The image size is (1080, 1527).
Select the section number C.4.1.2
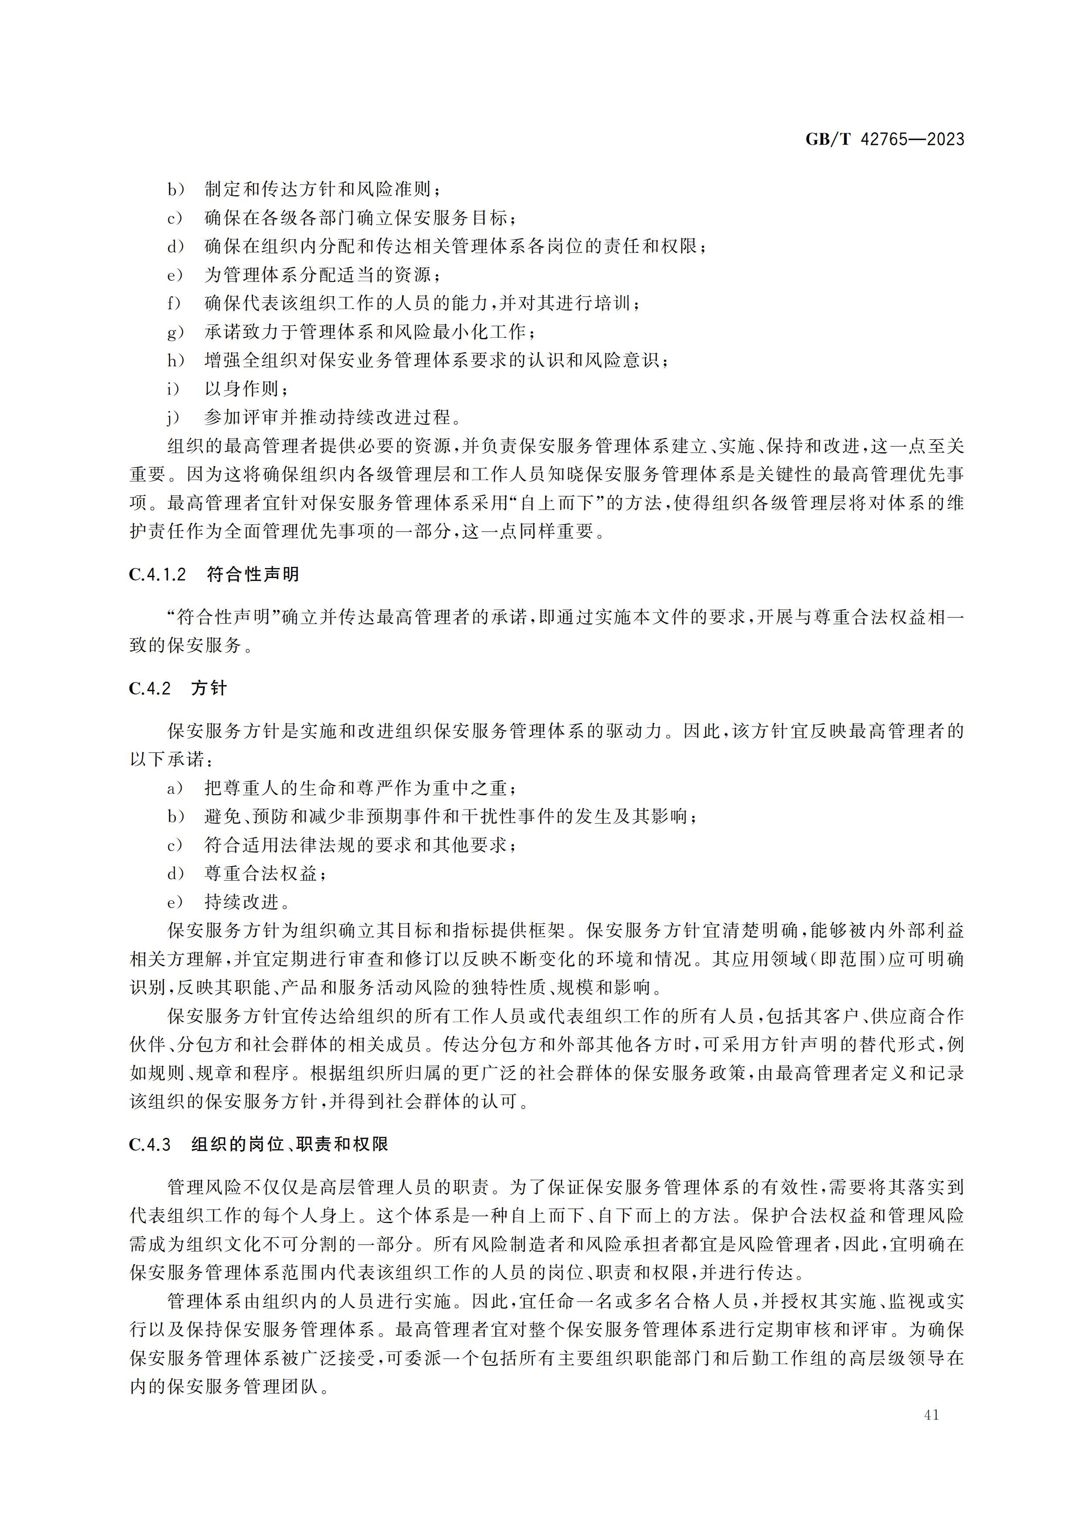(158, 575)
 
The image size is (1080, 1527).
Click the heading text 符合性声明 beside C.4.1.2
(253, 575)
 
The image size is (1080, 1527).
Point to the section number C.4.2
(150, 688)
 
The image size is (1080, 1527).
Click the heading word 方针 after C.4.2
(209, 688)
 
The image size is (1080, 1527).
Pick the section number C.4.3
(150, 1144)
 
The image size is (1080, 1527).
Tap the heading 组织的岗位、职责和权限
(290, 1144)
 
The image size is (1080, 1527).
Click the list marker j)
(174, 418)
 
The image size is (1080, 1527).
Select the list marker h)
(175, 360)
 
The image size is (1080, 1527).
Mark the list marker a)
(175, 789)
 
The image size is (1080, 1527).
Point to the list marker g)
(175, 332)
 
